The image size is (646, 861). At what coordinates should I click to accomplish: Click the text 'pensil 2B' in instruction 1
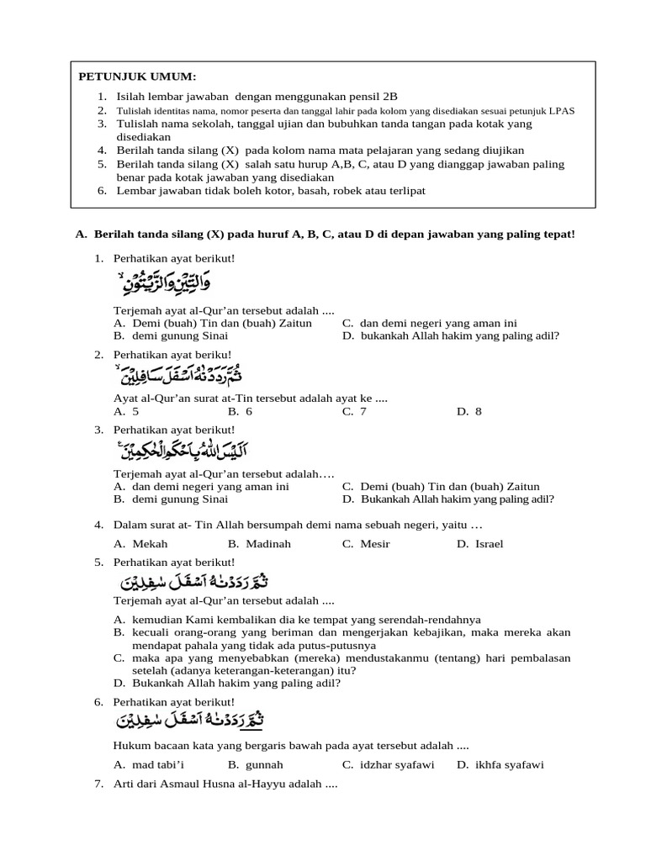coord(350,97)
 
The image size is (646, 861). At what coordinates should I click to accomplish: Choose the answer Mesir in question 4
coord(374,544)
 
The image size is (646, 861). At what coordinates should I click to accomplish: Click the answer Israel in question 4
coord(488,544)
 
